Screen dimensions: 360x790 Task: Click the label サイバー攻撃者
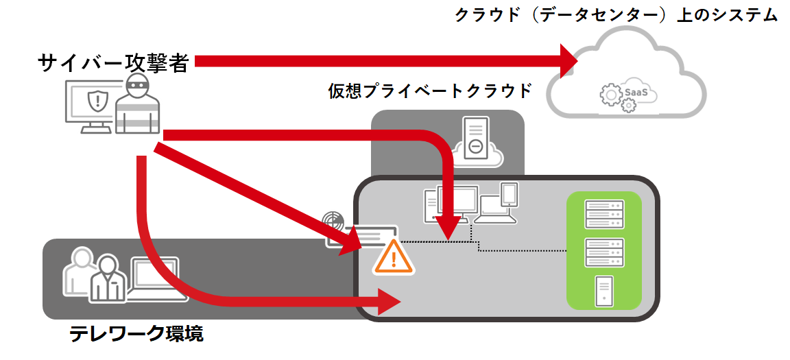(113, 63)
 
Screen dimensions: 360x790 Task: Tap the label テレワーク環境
(136, 334)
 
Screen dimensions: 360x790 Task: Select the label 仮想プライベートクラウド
(430, 91)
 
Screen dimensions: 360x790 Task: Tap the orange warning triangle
(393, 257)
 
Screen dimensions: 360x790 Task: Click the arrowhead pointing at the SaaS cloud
(570, 62)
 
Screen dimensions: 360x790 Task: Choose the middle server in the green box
(603, 252)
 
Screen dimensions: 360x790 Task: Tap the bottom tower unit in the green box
(603, 291)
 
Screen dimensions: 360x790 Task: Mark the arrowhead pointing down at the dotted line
(449, 225)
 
